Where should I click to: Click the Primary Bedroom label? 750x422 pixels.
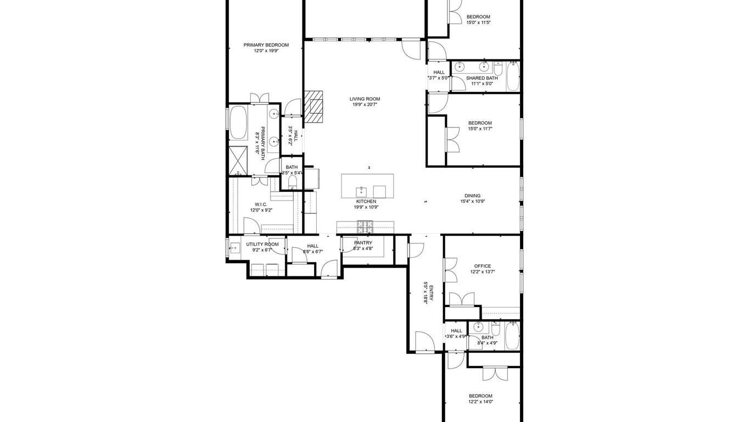click(x=266, y=45)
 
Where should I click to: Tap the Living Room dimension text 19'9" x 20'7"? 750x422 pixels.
click(x=365, y=104)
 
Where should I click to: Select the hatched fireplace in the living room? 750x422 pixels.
click(x=314, y=107)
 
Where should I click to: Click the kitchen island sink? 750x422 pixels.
click(x=361, y=192)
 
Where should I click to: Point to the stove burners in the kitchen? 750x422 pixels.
click(x=365, y=227)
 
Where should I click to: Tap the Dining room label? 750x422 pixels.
click(x=472, y=196)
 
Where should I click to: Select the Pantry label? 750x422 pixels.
click(x=363, y=243)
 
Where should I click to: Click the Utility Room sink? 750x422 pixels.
click(x=234, y=248)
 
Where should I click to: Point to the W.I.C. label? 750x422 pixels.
click(x=261, y=204)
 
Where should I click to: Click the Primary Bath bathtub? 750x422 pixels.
click(x=238, y=123)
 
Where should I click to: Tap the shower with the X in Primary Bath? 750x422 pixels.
click(x=238, y=161)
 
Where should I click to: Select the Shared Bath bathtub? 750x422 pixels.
click(x=513, y=77)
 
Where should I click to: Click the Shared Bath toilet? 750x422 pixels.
click(x=498, y=69)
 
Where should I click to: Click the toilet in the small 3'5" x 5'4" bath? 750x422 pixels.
click(x=292, y=182)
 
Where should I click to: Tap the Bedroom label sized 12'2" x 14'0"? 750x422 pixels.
click(x=480, y=396)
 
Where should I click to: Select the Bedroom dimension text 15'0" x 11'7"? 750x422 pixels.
click(x=480, y=129)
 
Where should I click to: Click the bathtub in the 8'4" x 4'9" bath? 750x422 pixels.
click(x=512, y=336)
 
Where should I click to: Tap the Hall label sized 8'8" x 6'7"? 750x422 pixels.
click(x=313, y=246)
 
